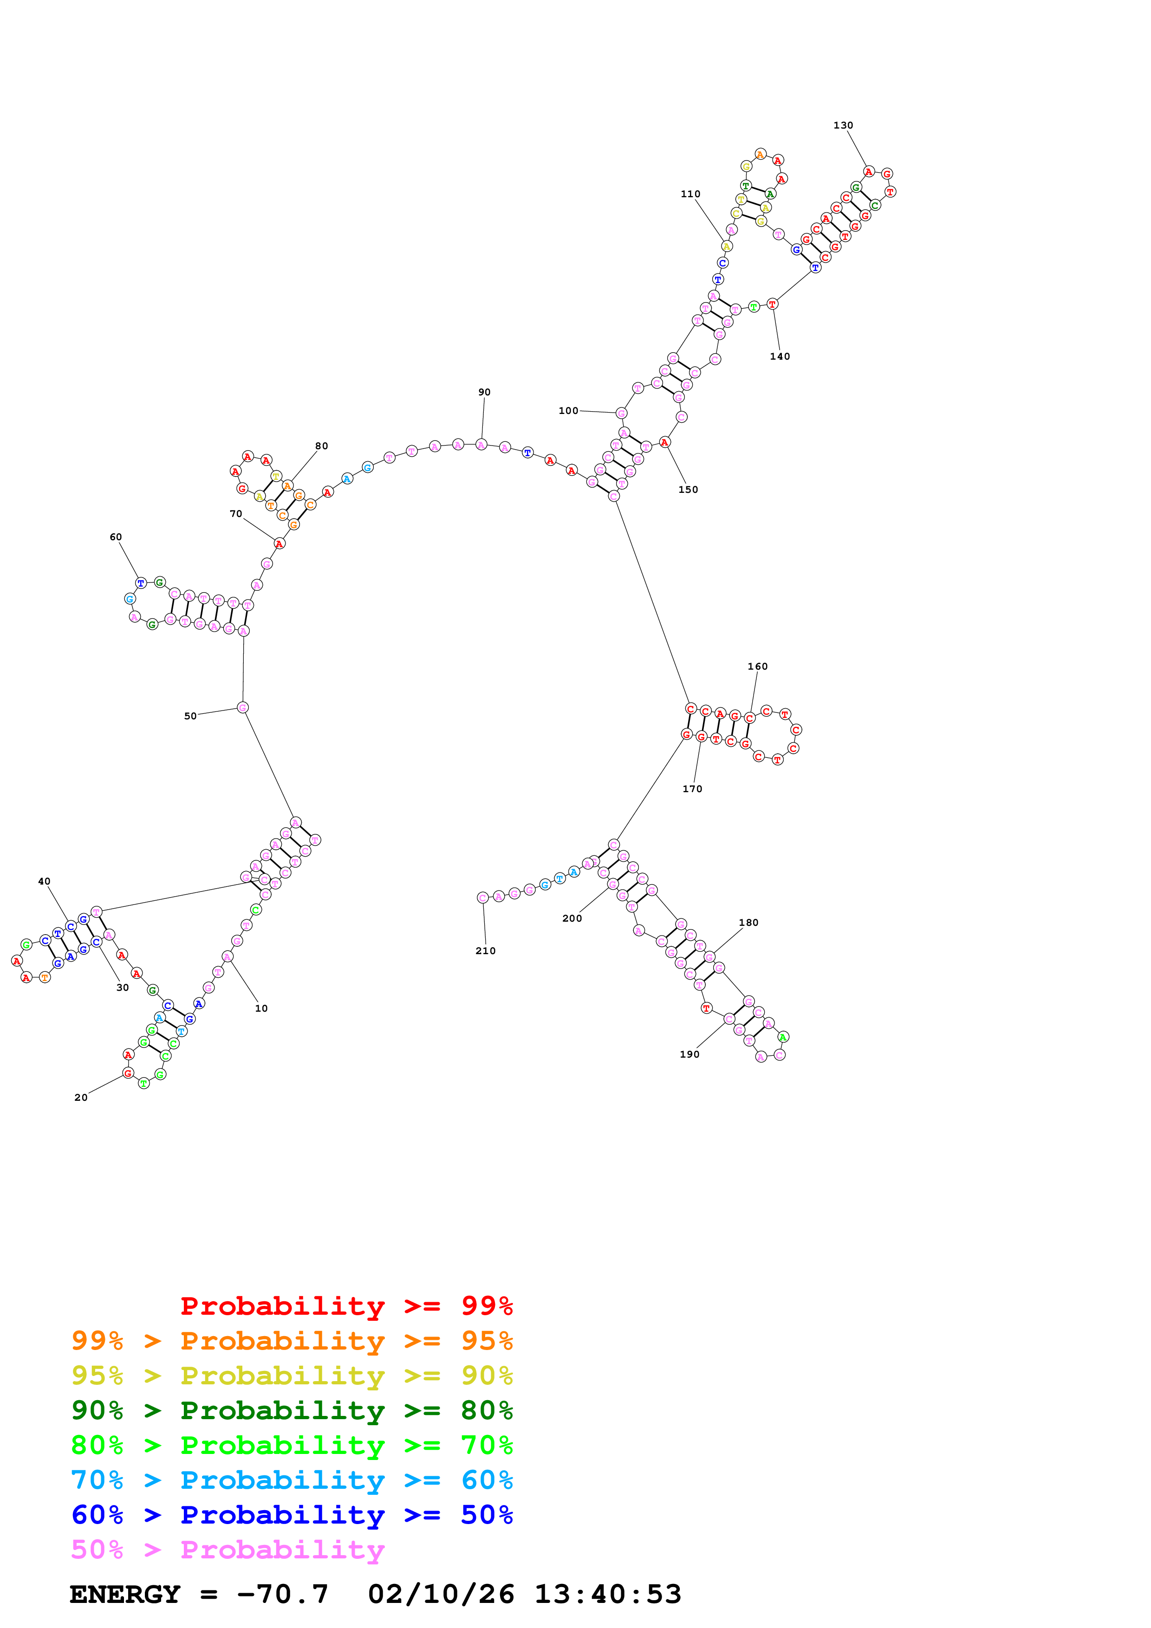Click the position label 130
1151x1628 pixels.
(x=843, y=125)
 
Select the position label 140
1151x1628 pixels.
(x=780, y=357)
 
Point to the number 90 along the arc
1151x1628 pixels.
(x=484, y=392)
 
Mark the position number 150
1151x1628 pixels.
(x=688, y=490)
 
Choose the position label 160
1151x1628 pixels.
(x=757, y=666)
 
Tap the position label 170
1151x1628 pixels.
(x=692, y=789)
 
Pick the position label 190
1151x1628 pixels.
(x=689, y=1054)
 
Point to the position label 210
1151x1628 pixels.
(x=485, y=951)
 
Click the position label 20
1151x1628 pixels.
(x=81, y=1098)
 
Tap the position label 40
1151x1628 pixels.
(x=44, y=881)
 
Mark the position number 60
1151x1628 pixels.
(x=116, y=537)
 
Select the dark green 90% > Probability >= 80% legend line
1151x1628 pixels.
(x=292, y=1410)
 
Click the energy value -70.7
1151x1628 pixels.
(x=282, y=1595)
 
